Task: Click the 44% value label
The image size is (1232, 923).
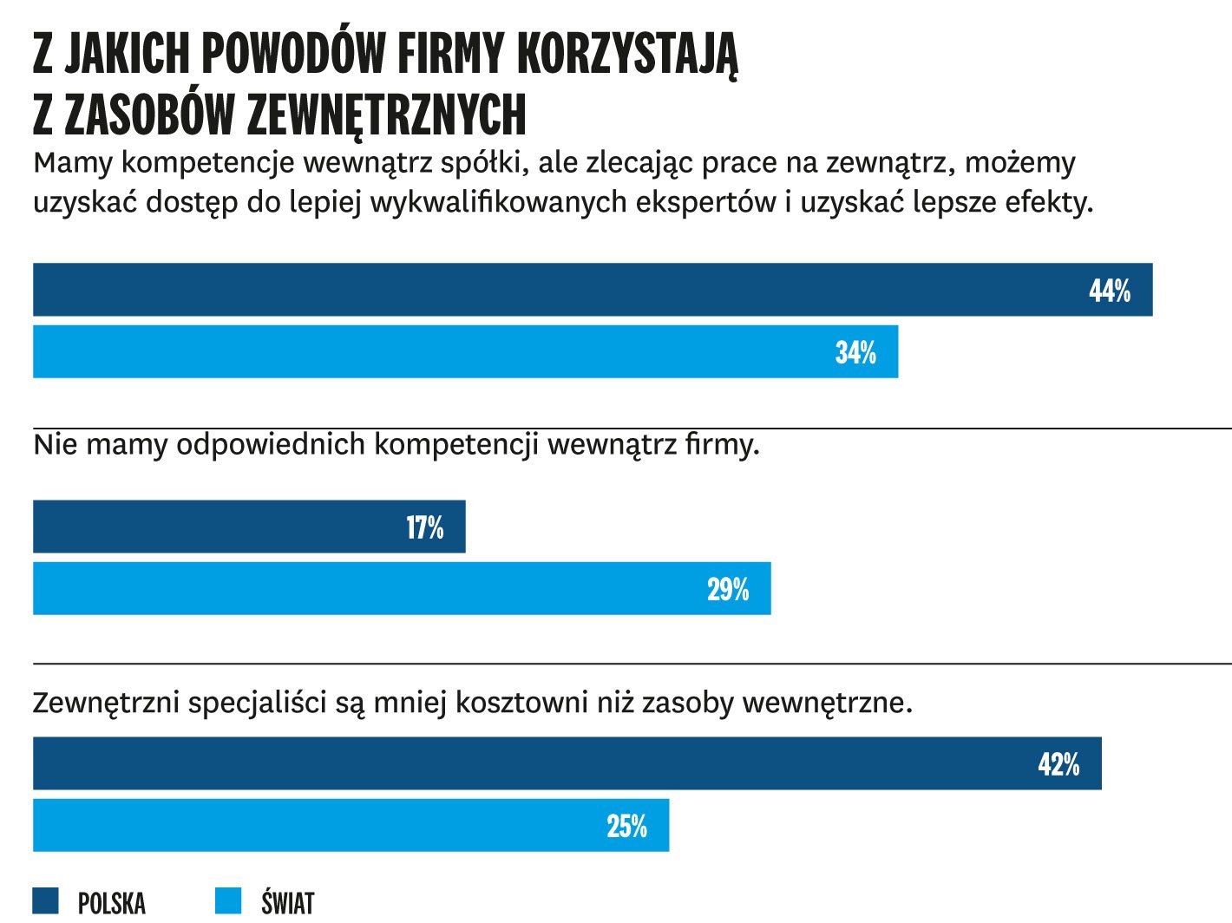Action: point(1110,291)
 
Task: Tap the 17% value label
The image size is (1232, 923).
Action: point(424,527)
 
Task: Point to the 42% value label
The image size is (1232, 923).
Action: point(1058,764)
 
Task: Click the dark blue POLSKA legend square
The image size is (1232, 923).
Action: point(46,900)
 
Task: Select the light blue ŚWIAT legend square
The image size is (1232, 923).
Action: point(228,900)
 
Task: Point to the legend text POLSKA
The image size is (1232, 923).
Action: point(112,903)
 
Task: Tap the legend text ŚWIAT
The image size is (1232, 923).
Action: point(287,902)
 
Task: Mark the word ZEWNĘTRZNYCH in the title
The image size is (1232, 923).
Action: point(386,115)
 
